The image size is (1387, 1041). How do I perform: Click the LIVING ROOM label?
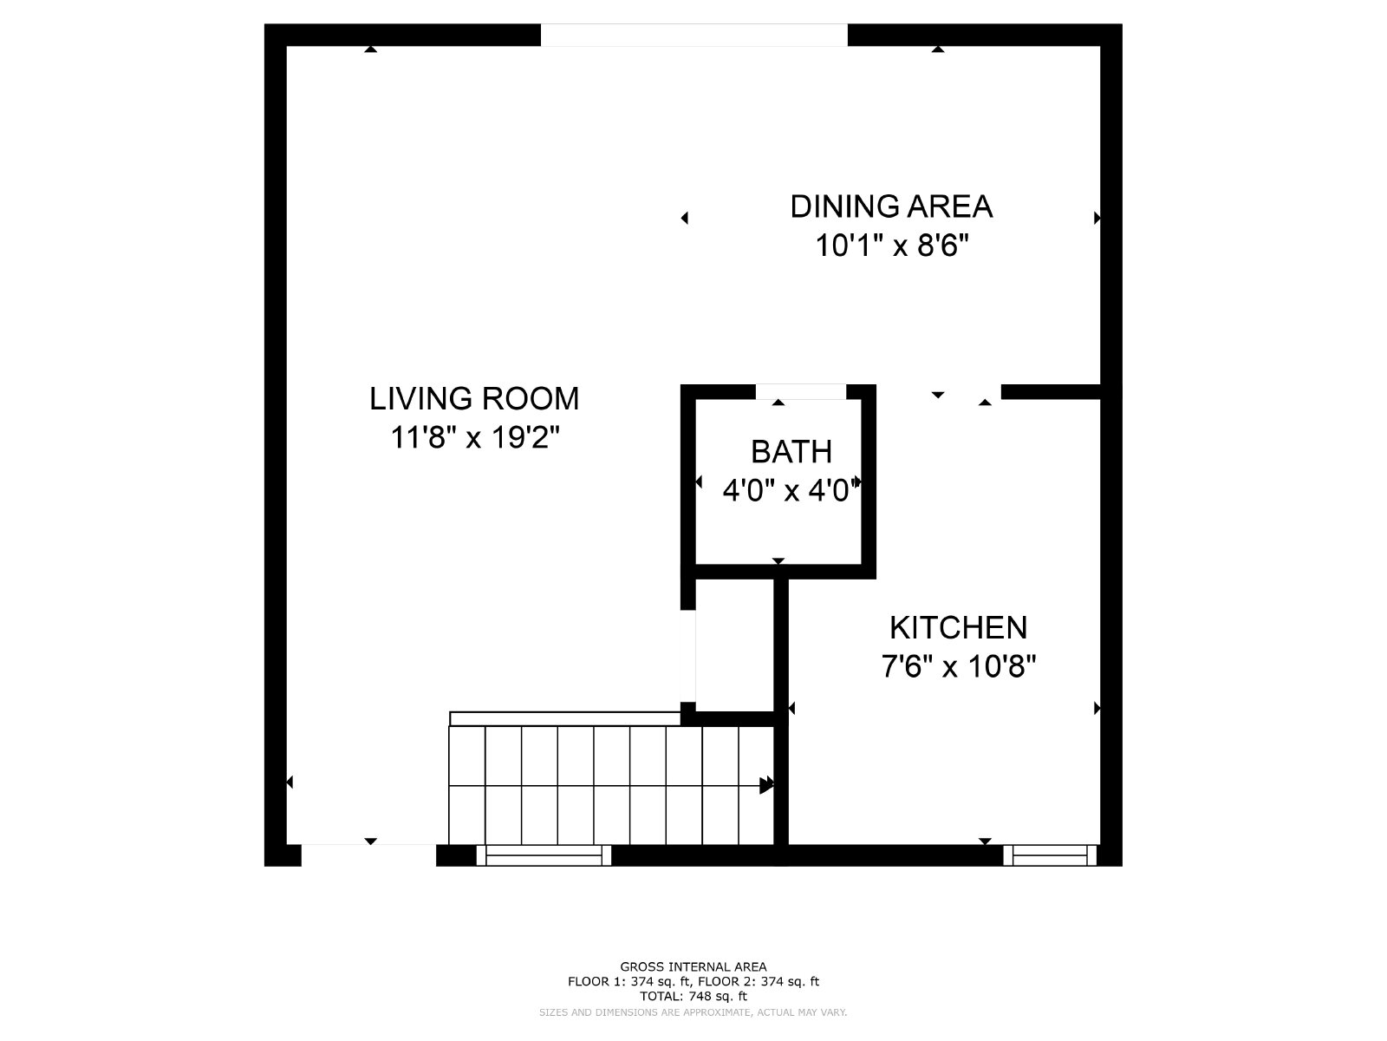(x=474, y=399)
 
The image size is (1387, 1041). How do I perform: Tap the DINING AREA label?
(x=892, y=206)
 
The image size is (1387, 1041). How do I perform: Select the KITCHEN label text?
(x=958, y=627)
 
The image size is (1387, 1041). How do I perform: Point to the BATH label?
(x=791, y=452)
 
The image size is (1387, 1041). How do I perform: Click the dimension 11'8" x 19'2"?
(x=475, y=437)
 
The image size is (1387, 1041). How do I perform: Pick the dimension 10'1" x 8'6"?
(x=892, y=246)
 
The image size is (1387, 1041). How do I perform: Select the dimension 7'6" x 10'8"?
(x=959, y=666)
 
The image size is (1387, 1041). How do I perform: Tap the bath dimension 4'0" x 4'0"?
(x=791, y=490)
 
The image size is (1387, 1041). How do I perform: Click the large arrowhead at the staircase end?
(x=766, y=785)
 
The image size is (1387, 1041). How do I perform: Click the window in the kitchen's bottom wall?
(x=1050, y=855)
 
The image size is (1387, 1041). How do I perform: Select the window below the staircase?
(x=544, y=855)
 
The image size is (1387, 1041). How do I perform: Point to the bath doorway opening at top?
(x=801, y=392)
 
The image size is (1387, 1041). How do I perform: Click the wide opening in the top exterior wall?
(x=693, y=35)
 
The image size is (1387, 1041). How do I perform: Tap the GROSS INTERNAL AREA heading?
(x=693, y=966)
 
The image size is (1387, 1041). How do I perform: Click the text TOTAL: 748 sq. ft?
(x=693, y=996)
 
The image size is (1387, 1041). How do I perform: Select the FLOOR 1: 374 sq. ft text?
(x=628, y=982)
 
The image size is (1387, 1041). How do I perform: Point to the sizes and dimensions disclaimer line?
(x=693, y=1012)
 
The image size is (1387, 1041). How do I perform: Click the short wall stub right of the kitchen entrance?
(x=1051, y=392)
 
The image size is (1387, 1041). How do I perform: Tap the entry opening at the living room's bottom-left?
(x=368, y=855)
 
